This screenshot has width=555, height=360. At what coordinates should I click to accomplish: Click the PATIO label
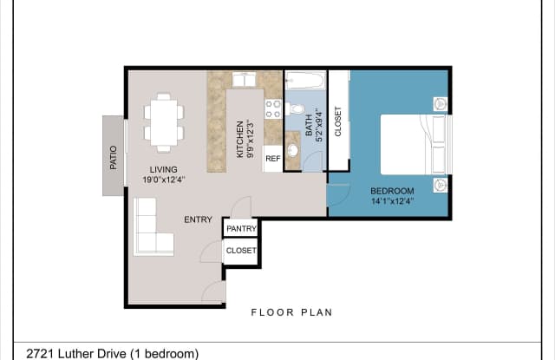pyautogui.click(x=114, y=158)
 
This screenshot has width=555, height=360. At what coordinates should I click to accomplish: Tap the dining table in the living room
pyautogui.click(x=164, y=122)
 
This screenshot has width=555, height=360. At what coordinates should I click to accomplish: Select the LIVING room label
pyautogui.click(x=163, y=169)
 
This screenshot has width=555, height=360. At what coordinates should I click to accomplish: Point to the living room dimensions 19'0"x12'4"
pyautogui.click(x=164, y=180)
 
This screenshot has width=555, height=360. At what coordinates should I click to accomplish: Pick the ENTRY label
pyautogui.click(x=199, y=219)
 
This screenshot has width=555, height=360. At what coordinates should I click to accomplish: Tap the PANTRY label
pyautogui.click(x=241, y=229)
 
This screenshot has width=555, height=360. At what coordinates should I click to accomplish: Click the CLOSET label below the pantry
pyautogui.click(x=241, y=251)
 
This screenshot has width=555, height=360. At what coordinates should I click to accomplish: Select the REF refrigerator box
pyautogui.click(x=273, y=159)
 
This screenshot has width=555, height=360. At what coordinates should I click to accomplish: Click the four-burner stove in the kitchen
pyautogui.click(x=273, y=108)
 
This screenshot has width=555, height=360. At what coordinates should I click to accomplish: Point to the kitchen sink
pyautogui.click(x=244, y=79)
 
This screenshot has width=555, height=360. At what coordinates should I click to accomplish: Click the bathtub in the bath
pyautogui.click(x=305, y=81)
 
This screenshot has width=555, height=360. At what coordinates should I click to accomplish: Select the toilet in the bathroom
pyautogui.click(x=295, y=108)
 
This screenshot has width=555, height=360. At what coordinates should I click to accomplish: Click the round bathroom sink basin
pyautogui.click(x=293, y=150)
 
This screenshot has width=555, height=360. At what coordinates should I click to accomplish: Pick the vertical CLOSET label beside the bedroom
pyautogui.click(x=338, y=121)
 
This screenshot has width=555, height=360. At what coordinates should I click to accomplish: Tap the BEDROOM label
pyautogui.click(x=392, y=191)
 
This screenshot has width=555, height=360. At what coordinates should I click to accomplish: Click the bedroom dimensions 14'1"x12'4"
pyautogui.click(x=393, y=201)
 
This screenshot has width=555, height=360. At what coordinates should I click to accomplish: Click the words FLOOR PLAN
pyautogui.click(x=292, y=312)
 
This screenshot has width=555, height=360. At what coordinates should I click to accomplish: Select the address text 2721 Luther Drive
pyautogui.click(x=76, y=354)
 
